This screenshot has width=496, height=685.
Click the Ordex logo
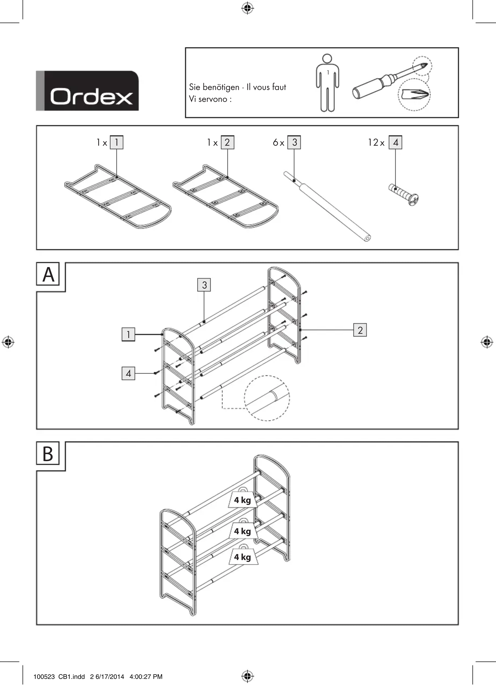coord(87,91)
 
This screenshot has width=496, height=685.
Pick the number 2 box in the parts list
coord(228,142)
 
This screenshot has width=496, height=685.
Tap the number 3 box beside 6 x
coord(294,142)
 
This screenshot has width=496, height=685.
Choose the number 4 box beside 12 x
coord(395,142)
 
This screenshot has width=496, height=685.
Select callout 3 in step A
coord(204,285)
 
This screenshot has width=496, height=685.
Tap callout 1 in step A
coord(128,334)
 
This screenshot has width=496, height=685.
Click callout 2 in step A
coord(360,330)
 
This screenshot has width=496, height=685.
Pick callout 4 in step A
coord(128,373)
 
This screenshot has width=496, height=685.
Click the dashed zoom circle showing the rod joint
coord(267,398)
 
